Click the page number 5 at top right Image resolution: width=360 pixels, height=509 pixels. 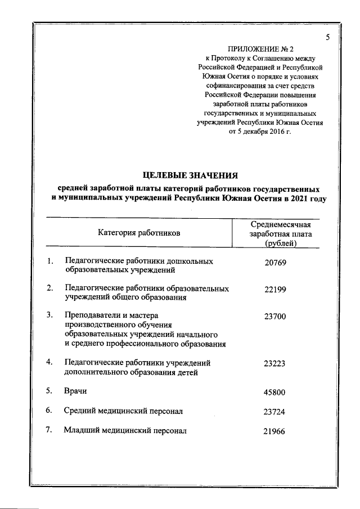[x=327, y=37]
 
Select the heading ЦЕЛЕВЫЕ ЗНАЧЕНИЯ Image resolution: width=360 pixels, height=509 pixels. [x=191, y=174]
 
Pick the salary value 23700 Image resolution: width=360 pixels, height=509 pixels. [x=275, y=316]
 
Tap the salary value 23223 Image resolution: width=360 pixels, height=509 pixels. [x=275, y=363]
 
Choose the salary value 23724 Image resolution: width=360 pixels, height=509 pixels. [x=275, y=412]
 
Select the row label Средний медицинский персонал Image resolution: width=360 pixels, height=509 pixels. [x=123, y=411]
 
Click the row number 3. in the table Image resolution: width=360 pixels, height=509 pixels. [x=50, y=316]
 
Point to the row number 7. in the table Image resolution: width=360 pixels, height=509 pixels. [x=50, y=430]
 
